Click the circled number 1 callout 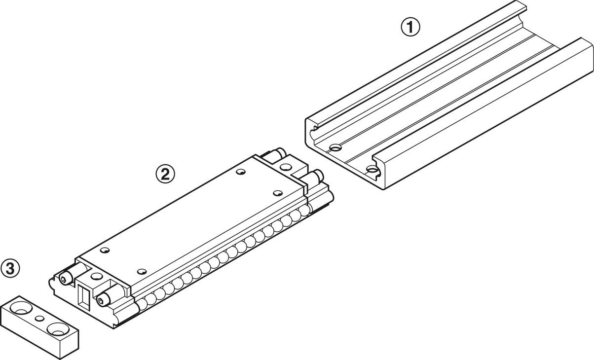click(x=410, y=27)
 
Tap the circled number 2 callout click(x=165, y=174)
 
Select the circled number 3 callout click(x=10, y=269)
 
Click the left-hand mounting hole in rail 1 click(x=335, y=147)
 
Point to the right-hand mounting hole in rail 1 click(x=372, y=169)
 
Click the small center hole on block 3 click(x=40, y=319)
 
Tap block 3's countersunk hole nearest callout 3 click(x=22, y=308)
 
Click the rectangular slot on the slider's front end click(x=85, y=297)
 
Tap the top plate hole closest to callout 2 click(x=241, y=172)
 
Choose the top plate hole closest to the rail click(x=278, y=193)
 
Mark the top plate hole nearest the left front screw click(x=105, y=250)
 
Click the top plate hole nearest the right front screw click(x=142, y=271)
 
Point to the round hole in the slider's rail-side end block click(x=285, y=167)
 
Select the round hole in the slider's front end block click(x=97, y=276)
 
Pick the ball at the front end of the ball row click(x=143, y=304)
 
